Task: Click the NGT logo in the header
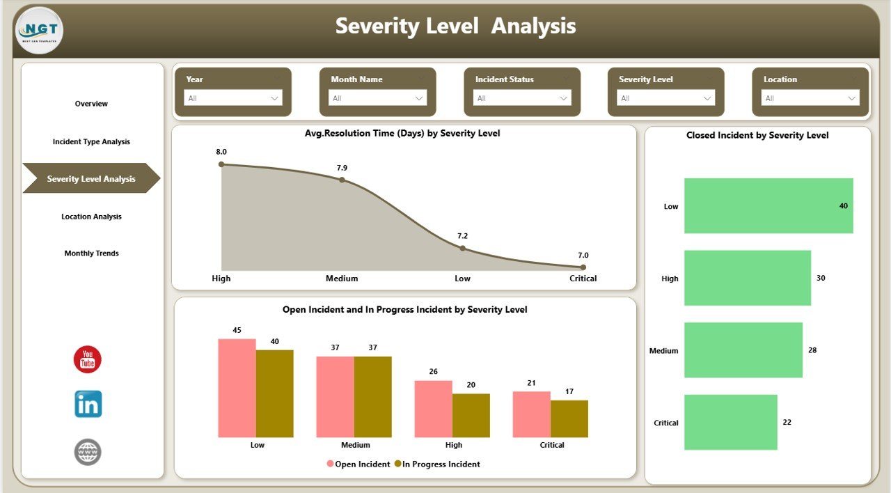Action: pyautogui.click(x=39, y=31)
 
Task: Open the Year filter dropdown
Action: pyautogui.click(x=232, y=98)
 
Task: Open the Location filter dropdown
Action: pyautogui.click(x=810, y=98)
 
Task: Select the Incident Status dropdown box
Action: pyautogui.click(x=522, y=98)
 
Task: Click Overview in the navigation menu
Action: pyautogui.click(x=91, y=104)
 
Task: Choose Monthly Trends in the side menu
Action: pyautogui.click(x=91, y=253)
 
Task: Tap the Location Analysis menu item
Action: pyautogui.click(x=91, y=217)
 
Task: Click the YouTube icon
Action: pyautogui.click(x=88, y=359)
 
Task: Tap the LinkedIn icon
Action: pyautogui.click(x=88, y=404)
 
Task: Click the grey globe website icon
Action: pyautogui.click(x=88, y=452)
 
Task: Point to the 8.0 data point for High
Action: pyautogui.click(x=221, y=164)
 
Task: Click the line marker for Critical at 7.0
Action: pyautogui.click(x=583, y=267)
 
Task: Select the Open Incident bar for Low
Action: pyautogui.click(x=237, y=388)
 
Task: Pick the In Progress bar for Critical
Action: pyautogui.click(x=569, y=418)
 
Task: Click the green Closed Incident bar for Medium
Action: pyautogui.click(x=743, y=350)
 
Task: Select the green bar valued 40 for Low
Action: pyautogui.click(x=768, y=206)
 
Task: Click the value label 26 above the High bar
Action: pyautogui.click(x=433, y=371)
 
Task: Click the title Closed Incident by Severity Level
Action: pyautogui.click(x=757, y=136)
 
